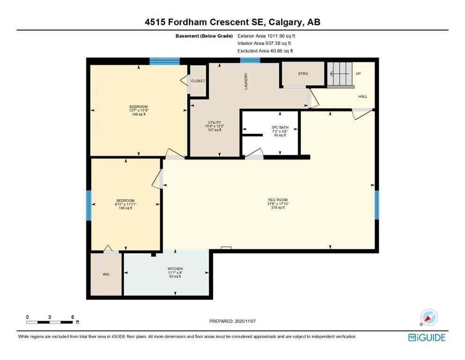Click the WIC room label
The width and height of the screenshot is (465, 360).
pos(106,274)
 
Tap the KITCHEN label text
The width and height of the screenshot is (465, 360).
pos(175,269)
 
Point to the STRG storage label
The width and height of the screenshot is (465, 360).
pos(303,74)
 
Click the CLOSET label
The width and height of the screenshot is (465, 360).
pos(198,81)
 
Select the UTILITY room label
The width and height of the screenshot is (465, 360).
pos(214,122)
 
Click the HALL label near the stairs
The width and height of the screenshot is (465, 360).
pos(362,97)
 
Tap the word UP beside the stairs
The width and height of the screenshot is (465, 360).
pos(358,74)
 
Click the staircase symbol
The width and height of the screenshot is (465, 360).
pos(340,74)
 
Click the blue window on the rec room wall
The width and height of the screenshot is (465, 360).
pos(376,205)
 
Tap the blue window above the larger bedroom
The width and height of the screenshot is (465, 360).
pos(164,60)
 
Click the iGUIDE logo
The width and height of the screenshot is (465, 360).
pos(427,337)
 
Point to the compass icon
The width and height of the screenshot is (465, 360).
pos(428,317)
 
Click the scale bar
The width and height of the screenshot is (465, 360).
pos(50,322)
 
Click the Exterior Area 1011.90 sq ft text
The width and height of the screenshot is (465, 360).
pos(266,36)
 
